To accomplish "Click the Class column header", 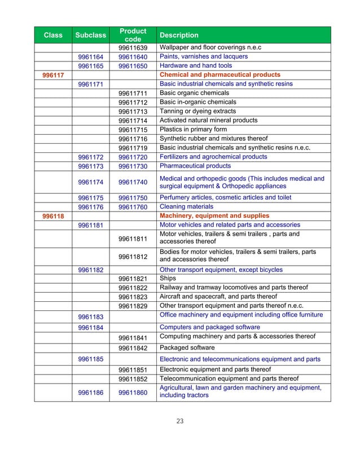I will (53, 35).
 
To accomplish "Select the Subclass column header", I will (90, 35).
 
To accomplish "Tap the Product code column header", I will (133, 35).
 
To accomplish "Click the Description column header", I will (179, 35).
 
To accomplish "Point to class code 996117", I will (53, 75).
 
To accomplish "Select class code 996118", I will (53, 216).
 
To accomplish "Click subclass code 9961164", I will (90, 57).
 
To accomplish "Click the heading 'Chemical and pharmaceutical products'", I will (220, 74).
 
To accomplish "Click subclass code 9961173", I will (90, 166).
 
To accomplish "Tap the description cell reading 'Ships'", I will (168, 279).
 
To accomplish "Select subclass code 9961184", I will (90, 327).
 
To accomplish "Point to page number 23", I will (179, 420).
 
